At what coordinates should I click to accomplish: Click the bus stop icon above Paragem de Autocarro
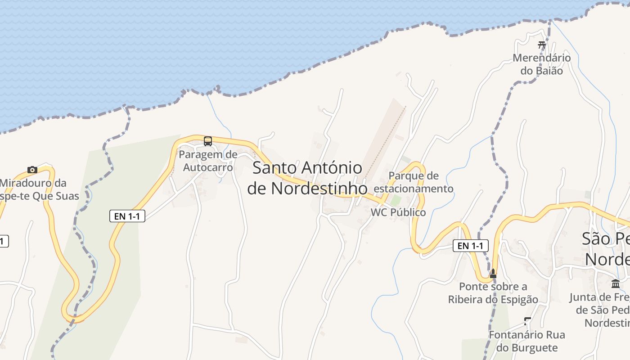pos(207,141)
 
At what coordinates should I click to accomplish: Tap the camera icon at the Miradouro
pos(32,170)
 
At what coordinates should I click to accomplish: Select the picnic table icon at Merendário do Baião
pos(542,45)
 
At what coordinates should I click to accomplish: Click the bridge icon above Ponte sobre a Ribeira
pos(493,273)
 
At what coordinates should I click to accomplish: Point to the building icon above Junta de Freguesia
pos(616,283)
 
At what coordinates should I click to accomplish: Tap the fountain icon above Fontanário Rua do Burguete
pos(527,321)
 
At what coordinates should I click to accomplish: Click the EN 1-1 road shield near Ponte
pos(470,246)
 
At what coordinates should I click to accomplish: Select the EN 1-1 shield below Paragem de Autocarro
pos(127,216)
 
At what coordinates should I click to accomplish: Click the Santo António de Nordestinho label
pos(307,178)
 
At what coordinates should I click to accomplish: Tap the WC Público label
pos(398,212)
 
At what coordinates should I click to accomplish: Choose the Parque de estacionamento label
pos(414,182)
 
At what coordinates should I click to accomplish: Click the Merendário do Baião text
pos(542,64)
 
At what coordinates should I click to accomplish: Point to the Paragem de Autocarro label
pos(208,161)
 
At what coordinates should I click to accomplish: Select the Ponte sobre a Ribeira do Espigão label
pos(493,292)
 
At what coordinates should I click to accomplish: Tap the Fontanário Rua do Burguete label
pos(526,341)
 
